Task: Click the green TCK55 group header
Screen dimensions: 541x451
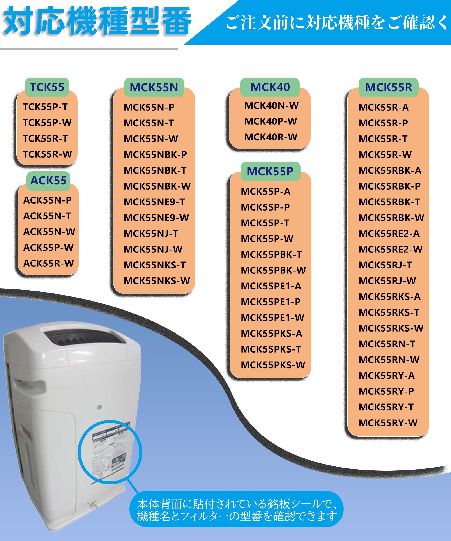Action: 47,87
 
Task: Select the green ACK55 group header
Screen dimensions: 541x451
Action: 48,180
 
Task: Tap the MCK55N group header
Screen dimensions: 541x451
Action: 154,87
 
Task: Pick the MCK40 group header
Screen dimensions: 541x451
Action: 270,87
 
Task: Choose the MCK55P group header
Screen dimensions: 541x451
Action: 270,171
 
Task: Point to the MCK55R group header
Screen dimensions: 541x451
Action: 388,87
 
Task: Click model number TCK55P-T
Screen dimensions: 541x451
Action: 45,107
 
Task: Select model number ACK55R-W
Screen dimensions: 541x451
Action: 48,263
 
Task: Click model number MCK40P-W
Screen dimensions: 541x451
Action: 271,121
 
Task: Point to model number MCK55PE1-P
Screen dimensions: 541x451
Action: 271,302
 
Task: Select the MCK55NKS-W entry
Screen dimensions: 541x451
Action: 157,281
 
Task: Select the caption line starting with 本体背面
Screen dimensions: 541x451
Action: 237,504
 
